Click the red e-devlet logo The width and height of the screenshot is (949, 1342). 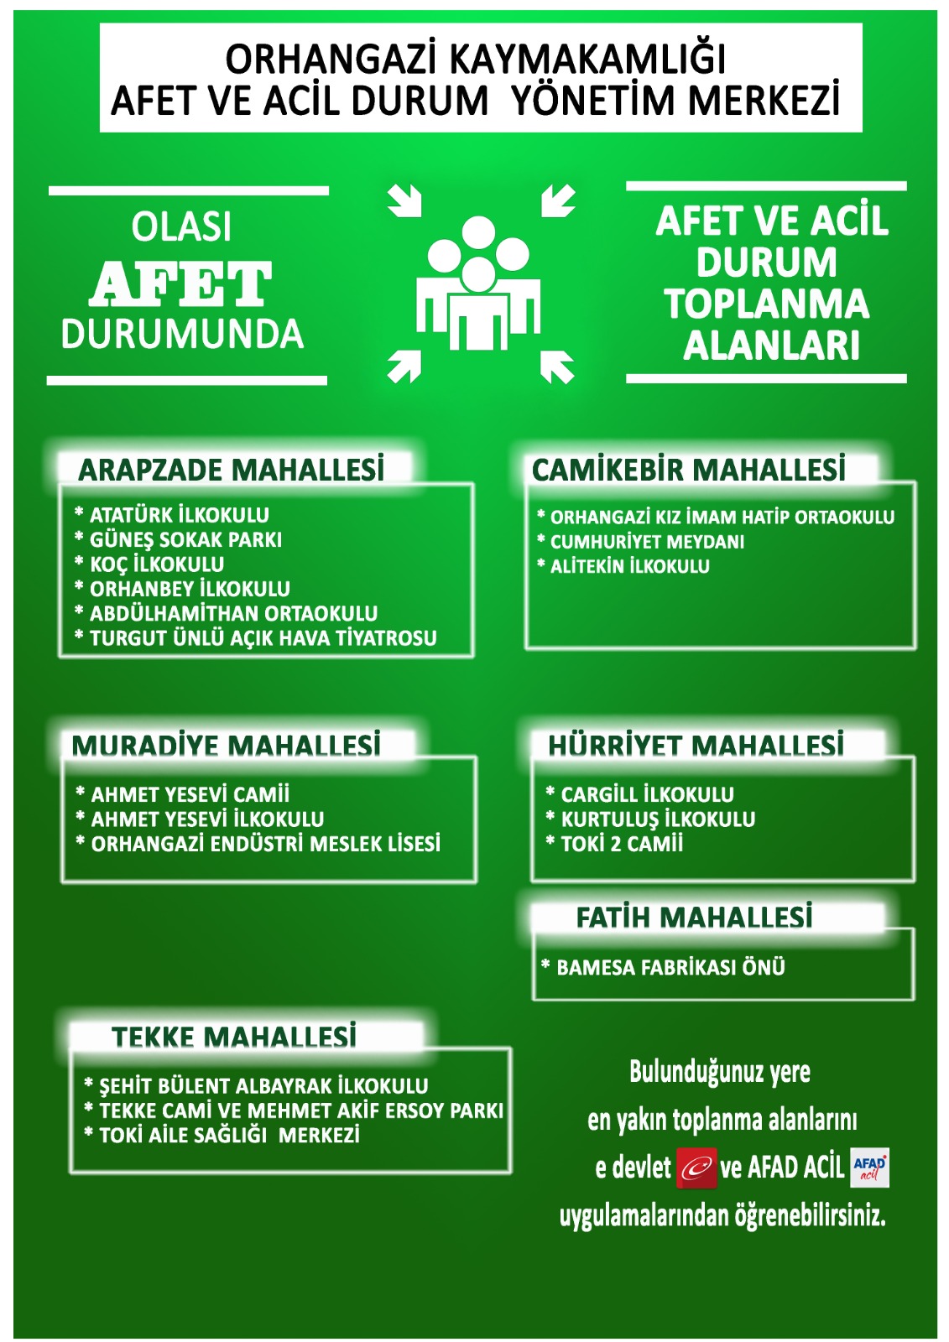pos(696,1168)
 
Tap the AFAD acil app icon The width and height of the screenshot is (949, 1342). pos(869,1168)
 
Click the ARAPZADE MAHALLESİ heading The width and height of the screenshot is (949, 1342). pos(232,470)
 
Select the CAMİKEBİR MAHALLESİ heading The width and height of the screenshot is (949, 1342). pos(688,470)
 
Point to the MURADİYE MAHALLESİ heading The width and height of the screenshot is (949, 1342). pos(227,745)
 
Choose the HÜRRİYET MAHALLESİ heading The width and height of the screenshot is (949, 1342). pos(696,745)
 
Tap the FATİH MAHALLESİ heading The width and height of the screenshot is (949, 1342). pos(694,917)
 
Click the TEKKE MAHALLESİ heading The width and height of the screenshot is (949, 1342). pos(234,1037)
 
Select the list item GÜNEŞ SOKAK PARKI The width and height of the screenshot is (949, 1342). pos(185,539)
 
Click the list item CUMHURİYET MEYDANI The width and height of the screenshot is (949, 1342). pos(647,542)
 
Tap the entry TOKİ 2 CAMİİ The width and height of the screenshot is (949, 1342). pos(622,844)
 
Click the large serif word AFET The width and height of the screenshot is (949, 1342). pos(181,283)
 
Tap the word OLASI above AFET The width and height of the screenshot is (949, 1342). pos(181,227)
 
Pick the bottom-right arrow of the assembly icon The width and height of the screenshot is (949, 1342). pos(557,367)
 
